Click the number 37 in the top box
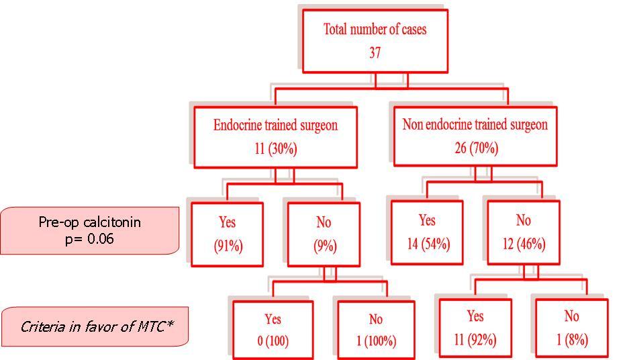[375, 52]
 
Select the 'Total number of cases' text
[375, 30]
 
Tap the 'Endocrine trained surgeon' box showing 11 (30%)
[275, 136]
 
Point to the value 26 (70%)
[475, 148]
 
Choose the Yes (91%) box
[227, 233]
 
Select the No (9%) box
[323, 234]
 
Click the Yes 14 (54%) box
[426, 232]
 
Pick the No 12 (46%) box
[523, 232]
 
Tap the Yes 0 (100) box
[273, 330]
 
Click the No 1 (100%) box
[375, 330]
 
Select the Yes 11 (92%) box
[475, 328]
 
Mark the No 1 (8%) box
[571, 328]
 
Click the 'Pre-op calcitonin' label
[90, 222]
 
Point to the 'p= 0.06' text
[90, 238]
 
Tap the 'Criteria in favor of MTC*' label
[97, 327]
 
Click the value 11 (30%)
[275, 148]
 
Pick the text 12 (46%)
[523, 243]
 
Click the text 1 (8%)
[571, 340]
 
